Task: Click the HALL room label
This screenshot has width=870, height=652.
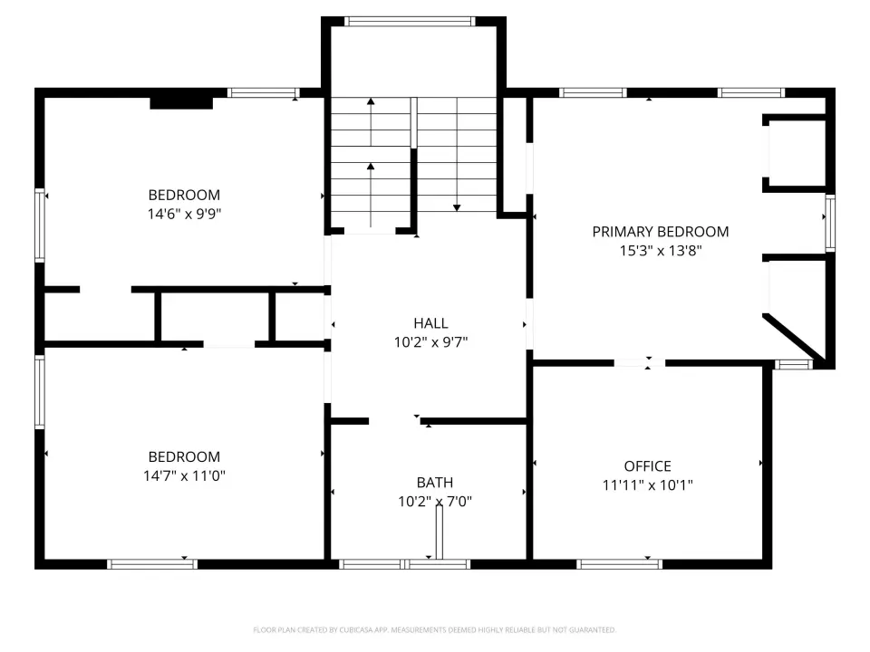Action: (x=430, y=323)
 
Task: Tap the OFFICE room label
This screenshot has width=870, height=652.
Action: (x=647, y=466)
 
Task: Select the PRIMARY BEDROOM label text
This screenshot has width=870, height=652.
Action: (x=661, y=232)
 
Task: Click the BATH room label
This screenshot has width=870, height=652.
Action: (x=435, y=483)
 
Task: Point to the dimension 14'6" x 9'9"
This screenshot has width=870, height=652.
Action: (x=184, y=214)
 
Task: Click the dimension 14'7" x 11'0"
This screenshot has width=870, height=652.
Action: (x=184, y=475)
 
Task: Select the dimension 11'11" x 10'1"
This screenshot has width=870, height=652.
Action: (x=647, y=485)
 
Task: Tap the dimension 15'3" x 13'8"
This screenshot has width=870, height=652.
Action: (x=661, y=251)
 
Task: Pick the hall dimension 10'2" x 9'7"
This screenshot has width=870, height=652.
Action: (x=430, y=342)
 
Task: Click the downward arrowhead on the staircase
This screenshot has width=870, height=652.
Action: (x=457, y=208)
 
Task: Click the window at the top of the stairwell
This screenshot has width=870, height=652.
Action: (x=410, y=22)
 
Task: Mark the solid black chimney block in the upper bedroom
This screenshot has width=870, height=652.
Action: (x=181, y=102)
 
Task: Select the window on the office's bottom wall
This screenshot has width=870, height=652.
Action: (x=619, y=564)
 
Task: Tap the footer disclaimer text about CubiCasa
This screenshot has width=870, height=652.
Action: (x=434, y=630)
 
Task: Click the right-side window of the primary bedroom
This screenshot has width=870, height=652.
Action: (x=830, y=223)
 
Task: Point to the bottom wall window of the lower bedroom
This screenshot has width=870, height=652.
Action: (x=152, y=564)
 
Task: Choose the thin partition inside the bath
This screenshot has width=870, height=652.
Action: (x=440, y=532)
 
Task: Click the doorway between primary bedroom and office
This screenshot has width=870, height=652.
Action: (x=639, y=363)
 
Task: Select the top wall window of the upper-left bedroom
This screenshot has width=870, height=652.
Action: (x=264, y=92)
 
